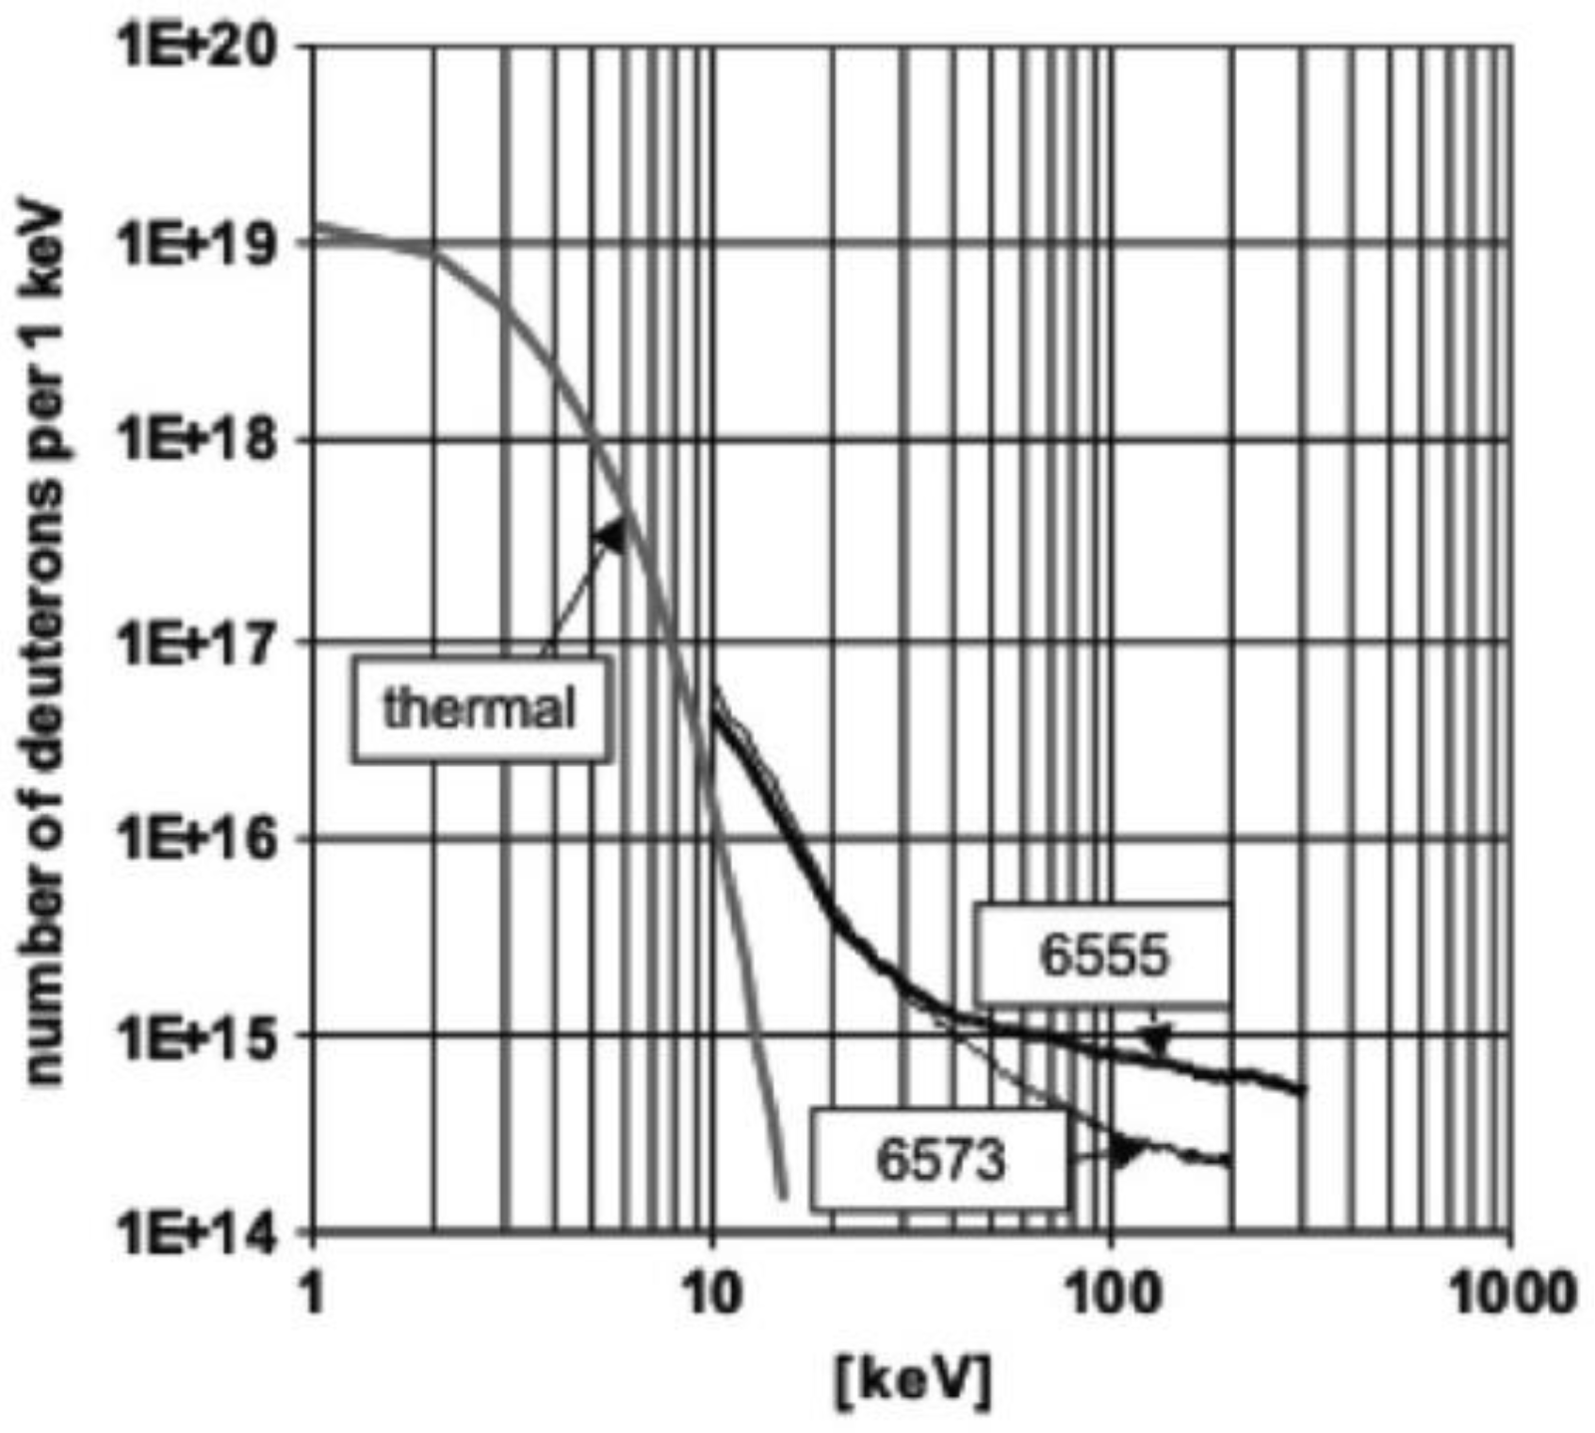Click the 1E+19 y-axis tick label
(203, 243)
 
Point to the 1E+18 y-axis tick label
(203, 440)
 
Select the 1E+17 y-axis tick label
(203, 641)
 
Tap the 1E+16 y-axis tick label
(203, 838)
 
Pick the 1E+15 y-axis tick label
(203, 1034)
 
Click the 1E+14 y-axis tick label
(203, 1231)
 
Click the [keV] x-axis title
(912, 1381)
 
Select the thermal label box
(480, 708)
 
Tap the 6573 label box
(940, 1158)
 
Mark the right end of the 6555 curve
(1303, 1090)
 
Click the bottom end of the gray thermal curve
(783, 1197)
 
